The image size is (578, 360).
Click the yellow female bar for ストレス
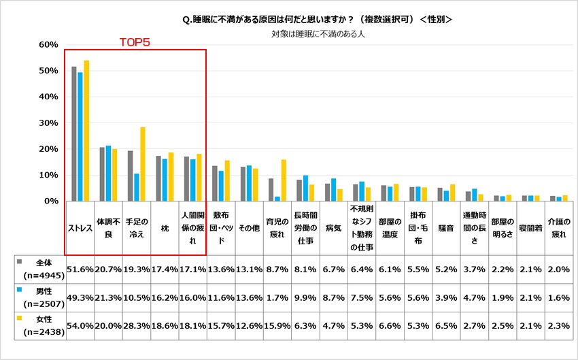pos(86,131)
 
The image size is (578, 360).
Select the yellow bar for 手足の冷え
pos(143,164)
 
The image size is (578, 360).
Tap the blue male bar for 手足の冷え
pos(137,187)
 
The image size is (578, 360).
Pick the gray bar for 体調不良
pos(102,174)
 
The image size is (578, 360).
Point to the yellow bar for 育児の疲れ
pos(283,180)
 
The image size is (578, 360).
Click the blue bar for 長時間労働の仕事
pos(305,189)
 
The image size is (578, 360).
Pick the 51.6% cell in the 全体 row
pos(80,270)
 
